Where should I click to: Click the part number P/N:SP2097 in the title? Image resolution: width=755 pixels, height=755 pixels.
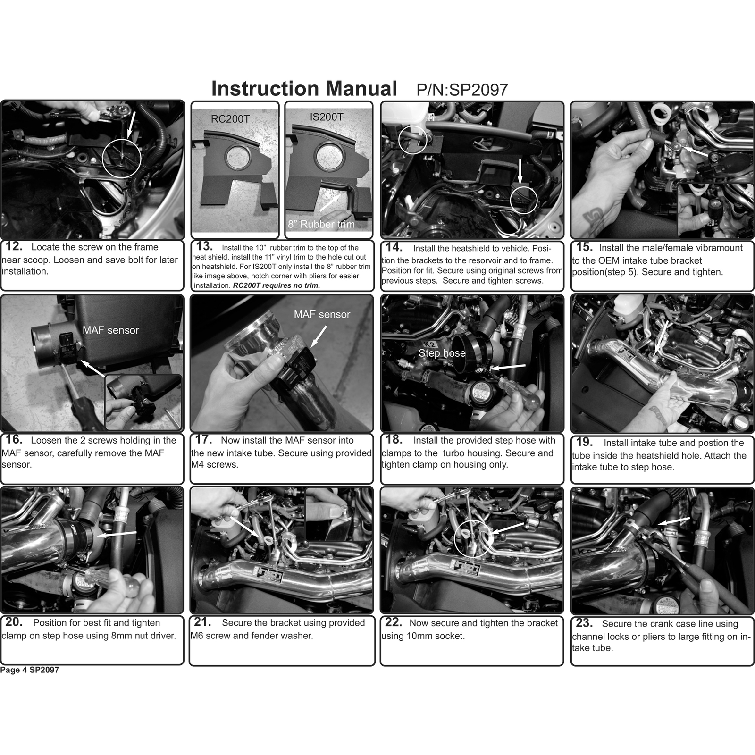[462, 90]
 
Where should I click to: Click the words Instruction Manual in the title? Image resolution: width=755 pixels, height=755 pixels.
[304, 88]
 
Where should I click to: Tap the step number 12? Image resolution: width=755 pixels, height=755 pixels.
[14, 246]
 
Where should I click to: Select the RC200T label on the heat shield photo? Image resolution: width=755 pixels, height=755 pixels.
[230, 119]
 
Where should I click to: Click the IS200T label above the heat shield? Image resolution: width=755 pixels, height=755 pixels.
[327, 117]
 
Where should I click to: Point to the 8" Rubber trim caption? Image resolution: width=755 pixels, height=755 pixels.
[321, 224]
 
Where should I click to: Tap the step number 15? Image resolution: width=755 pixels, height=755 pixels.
[584, 247]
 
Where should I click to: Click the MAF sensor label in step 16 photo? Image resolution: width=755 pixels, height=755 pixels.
[111, 330]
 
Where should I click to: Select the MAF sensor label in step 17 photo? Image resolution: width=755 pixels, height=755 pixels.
[322, 314]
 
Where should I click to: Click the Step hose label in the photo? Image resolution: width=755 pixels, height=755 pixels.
[442, 353]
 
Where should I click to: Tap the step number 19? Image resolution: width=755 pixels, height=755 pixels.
[585, 442]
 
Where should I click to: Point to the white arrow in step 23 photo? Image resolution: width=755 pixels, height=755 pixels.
[674, 520]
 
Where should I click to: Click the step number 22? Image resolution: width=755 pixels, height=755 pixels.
[394, 622]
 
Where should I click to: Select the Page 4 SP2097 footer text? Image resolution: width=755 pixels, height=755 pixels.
[30, 670]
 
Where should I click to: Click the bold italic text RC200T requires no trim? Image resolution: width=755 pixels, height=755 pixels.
[277, 285]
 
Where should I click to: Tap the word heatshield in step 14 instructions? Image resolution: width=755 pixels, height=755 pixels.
[478, 248]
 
